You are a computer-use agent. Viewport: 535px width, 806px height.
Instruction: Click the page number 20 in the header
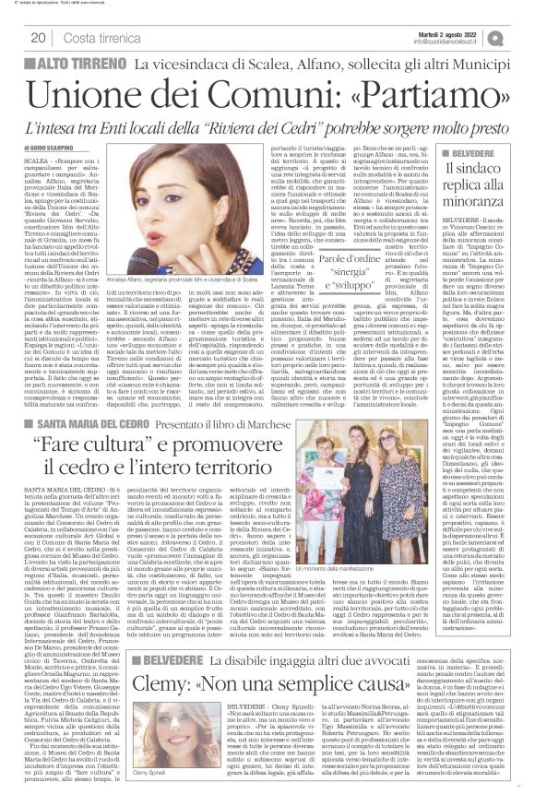(39, 37)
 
